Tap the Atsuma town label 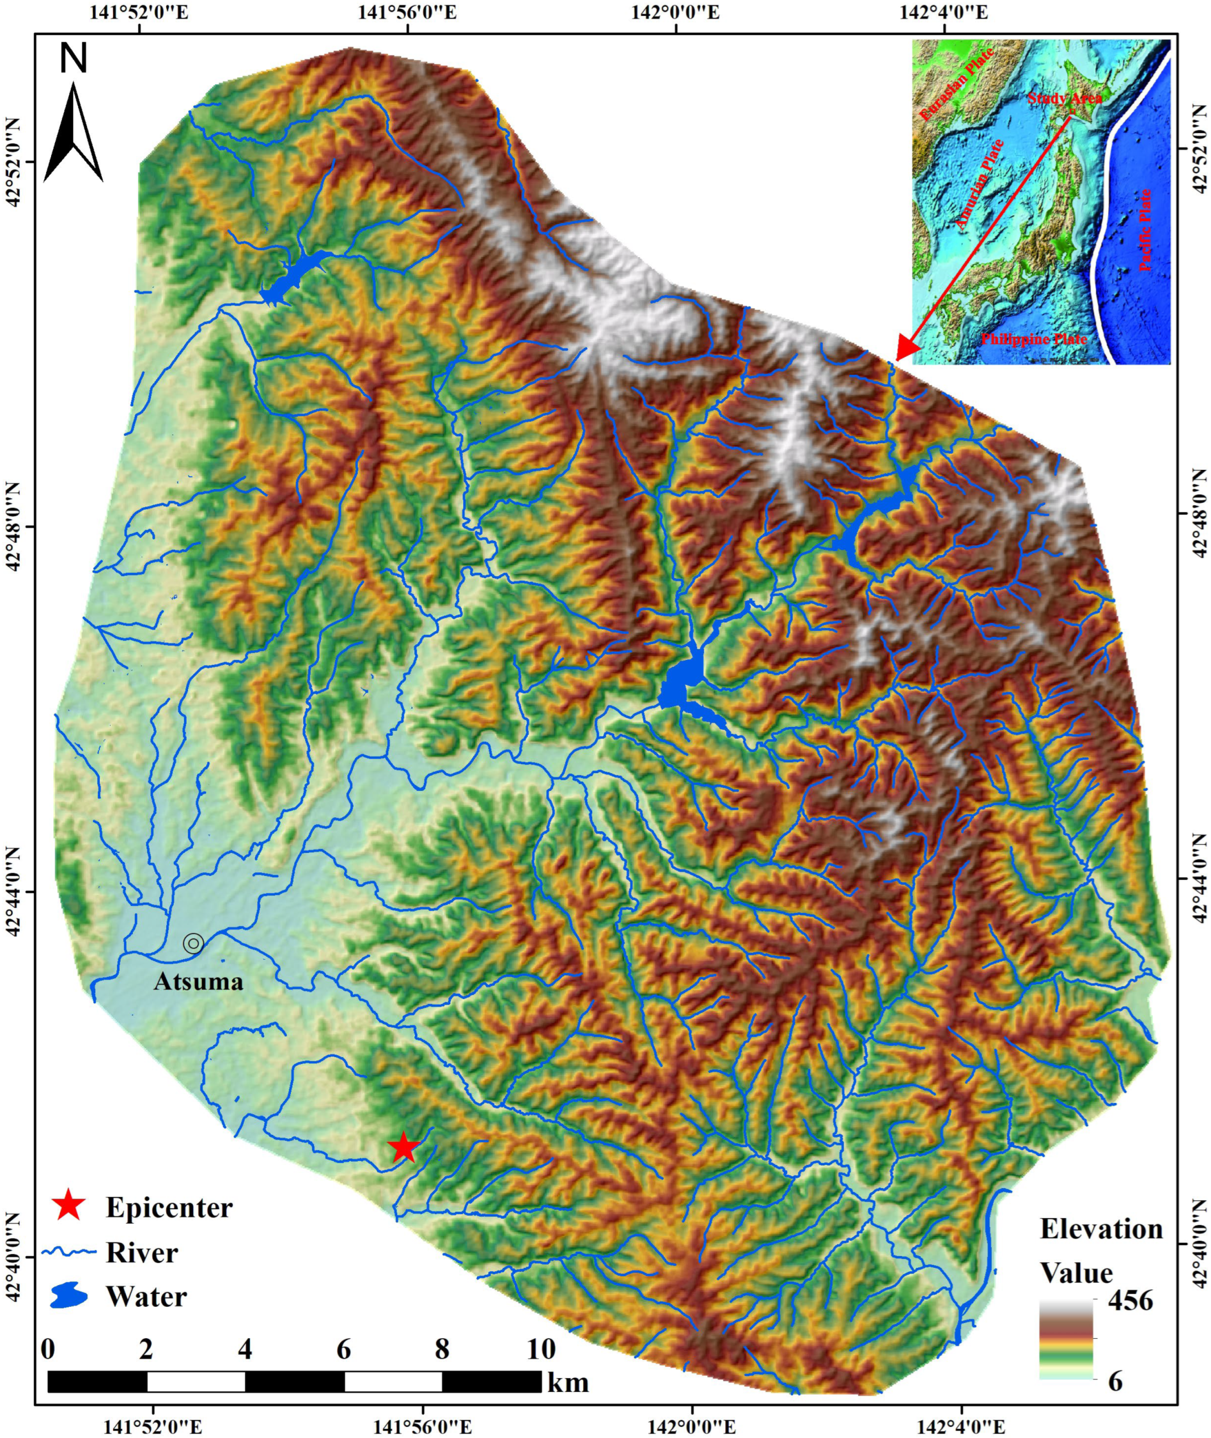[198, 981]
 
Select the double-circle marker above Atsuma [193, 944]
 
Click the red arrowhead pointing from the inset [907, 350]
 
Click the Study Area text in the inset [1064, 98]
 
